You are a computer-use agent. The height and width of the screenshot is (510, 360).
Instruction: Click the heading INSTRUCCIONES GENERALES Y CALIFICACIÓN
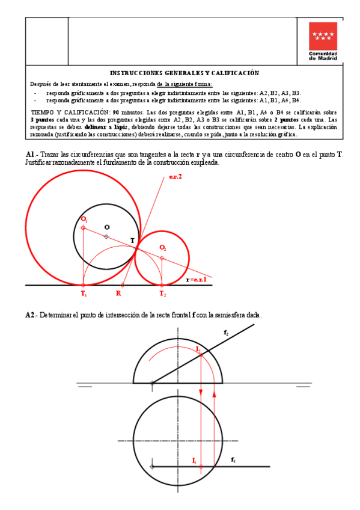coord(184,73)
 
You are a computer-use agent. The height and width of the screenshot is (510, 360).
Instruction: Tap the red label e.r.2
coord(175,175)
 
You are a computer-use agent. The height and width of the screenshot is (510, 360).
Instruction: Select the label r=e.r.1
coord(197,280)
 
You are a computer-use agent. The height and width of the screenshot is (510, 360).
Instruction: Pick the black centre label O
coord(107,227)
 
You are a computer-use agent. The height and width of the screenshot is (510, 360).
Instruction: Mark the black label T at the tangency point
coord(133,241)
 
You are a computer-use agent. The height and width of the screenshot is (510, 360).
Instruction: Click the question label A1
coord(31,155)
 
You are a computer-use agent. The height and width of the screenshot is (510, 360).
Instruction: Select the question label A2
coord(31,315)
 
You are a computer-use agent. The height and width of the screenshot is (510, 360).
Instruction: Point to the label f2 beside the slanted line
coord(225,332)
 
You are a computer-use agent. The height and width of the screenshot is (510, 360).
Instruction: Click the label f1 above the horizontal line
coord(233,459)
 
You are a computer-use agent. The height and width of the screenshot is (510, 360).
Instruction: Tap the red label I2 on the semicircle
coord(198,349)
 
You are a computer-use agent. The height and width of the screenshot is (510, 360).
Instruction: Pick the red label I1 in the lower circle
coord(194,460)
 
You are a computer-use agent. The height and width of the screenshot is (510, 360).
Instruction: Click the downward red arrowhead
coord(201,394)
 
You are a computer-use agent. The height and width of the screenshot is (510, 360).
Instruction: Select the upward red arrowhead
coord(215,395)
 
